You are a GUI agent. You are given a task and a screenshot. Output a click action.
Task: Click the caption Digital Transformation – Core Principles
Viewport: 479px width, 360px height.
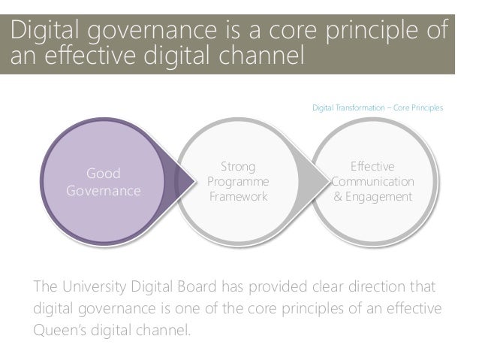click(377, 108)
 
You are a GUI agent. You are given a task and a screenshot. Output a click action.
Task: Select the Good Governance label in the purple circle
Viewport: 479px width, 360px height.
click(103, 182)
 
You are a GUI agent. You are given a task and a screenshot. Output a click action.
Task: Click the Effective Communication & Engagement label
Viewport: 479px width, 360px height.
click(372, 181)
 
